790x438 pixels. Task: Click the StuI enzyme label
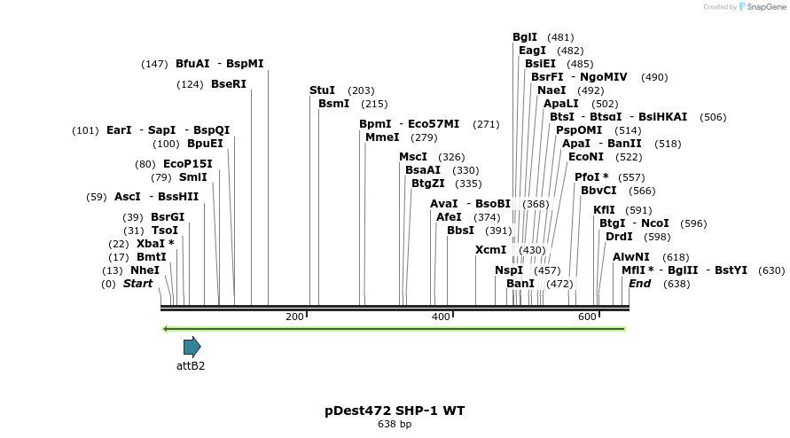coord(322,90)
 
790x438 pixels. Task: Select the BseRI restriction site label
coord(228,84)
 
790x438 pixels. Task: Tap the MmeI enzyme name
coord(382,137)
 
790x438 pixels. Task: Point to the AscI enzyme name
coord(127,197)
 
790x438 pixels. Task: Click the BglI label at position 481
coord(525,37)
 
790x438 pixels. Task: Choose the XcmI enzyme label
coord(490,250)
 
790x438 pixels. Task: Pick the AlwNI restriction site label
coord(631,257)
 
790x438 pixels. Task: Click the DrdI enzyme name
coord(619,237)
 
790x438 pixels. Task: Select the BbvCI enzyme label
coord(598,191)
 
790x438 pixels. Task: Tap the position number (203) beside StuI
coord(361,90)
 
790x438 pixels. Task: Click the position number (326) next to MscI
coord(451,157)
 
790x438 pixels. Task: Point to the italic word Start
coord(137,284)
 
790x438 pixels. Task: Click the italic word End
coord(639,284)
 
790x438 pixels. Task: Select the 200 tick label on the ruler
coord(294,317)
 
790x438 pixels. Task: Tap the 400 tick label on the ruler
coord(441,317)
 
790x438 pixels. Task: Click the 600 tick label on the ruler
coord(587,317)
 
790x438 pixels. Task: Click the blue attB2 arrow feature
coord(192,347)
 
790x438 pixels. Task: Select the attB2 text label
coord(191,365)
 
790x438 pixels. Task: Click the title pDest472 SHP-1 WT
coord(395,411)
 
